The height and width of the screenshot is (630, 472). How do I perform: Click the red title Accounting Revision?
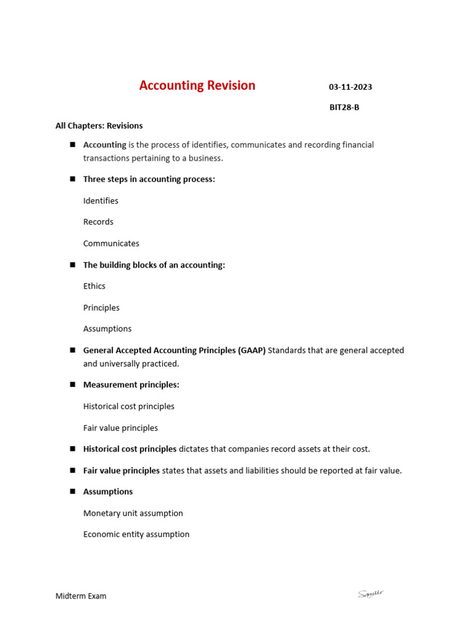pyautogui.click(x=197, y=86)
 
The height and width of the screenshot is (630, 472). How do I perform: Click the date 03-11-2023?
pyautogui.click(x=350, y=87)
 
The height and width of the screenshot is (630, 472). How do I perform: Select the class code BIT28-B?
pyautogui.click(x=344, y=107)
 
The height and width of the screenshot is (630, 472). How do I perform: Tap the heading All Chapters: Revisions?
pyautogui.click(x=99, y=126)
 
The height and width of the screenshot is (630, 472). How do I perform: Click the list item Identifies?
pyautogui.click(x=101, y=201)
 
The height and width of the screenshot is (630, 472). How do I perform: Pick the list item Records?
pyautogui.click(x=98, y=221)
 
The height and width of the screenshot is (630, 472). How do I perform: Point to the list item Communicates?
pyautogui.click(x=111, y=243)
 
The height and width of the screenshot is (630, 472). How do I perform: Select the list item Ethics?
pyautogui.click(x=94, y=286)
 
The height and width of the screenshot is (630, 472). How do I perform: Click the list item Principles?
pyautogui.click(x=101, y=308)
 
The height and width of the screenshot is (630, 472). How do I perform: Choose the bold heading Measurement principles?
pyautogui.click(x=131, y=385)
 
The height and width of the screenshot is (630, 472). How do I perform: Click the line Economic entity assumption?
pyautogui.click(x=136, y=534)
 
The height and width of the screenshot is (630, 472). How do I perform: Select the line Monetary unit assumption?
pyautogui.click(x=133, y=513)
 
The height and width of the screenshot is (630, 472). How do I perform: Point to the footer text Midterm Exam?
pyautogui.click(x=81, y=596)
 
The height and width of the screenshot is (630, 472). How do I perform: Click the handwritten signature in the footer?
pyautogui.click(x=371, y=594)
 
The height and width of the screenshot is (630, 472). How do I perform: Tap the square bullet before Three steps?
pyautogui.click(x=72, y=179)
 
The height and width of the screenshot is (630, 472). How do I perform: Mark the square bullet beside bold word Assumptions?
pyautogui.click(x=72, y=492)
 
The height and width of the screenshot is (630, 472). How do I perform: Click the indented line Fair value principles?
pyautogui.click(x=120, y=428)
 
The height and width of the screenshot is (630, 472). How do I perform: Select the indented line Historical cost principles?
pyautogui.click(x=128, y=406)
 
